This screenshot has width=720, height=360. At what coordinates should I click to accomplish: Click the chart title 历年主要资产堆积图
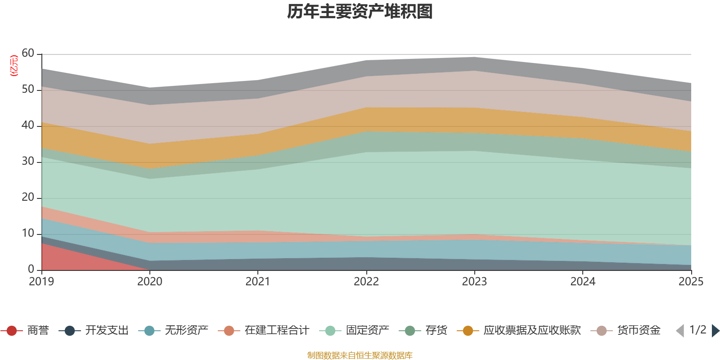click(360, 12)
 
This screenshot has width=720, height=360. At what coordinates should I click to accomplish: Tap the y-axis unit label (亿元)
click(14, 66)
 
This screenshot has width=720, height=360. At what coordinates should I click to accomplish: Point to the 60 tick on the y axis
click(28, 54)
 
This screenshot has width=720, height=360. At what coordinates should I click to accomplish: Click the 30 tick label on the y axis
click(28, 162)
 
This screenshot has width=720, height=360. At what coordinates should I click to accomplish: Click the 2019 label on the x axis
click(41, 282)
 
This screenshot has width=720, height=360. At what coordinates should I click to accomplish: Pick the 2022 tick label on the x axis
click(366, 282)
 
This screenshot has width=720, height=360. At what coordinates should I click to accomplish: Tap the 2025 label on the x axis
click(691, 282)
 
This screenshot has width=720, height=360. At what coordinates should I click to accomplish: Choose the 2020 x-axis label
click(150, 282)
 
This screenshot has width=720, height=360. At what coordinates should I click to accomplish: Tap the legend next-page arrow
click(715, 331)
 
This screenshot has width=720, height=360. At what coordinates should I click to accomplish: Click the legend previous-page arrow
click(680, 331)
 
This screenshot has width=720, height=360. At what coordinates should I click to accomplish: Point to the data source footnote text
click(360, 355)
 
